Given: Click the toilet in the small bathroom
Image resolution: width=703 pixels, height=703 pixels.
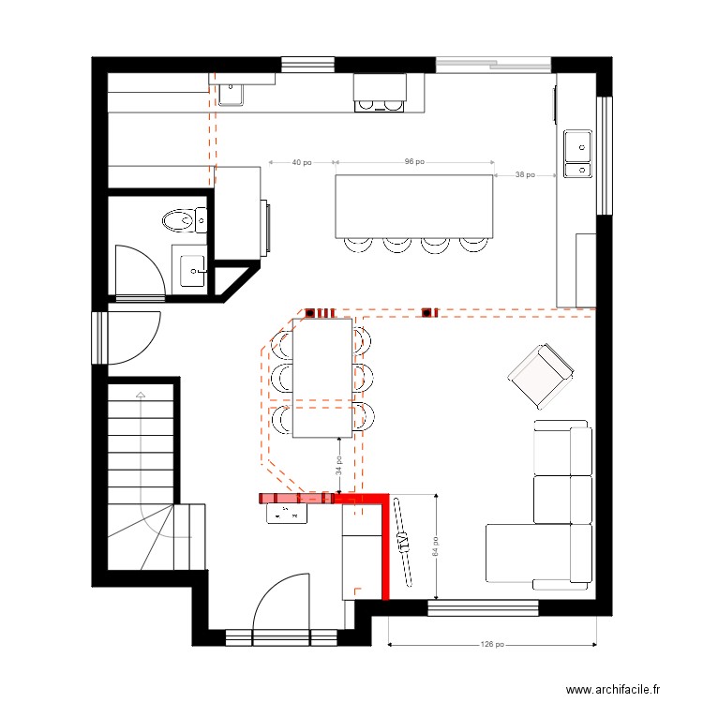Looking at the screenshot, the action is coord(184,220).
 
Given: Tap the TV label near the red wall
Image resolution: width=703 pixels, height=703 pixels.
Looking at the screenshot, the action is coord(403,542).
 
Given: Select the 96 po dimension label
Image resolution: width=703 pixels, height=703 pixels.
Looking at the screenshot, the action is coord(414,161).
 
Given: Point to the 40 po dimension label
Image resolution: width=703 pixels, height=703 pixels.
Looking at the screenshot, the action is coord(302,162).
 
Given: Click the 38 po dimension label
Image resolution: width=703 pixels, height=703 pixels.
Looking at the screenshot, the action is coord(525,174).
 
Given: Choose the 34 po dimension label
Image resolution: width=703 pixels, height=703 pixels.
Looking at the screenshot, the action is coord(339,465).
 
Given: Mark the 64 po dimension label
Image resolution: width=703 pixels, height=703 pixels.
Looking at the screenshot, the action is coord(435,546).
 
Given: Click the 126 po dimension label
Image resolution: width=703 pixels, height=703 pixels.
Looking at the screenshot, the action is coord(492,644).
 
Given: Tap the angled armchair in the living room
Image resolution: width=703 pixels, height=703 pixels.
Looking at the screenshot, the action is coord(541,377).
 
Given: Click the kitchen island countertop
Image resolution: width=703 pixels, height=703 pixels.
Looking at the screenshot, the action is coord(414,206).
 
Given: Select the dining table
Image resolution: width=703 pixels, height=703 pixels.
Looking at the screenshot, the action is coord(322,378).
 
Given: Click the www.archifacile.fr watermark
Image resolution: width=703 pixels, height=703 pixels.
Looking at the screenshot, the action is coord(613,689).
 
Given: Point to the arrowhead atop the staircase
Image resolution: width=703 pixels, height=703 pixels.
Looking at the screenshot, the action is coord(141,395).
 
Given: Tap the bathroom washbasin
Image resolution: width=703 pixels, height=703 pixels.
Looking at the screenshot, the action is coord(193,270).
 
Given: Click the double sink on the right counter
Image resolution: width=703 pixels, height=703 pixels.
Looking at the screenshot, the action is coord(577,154).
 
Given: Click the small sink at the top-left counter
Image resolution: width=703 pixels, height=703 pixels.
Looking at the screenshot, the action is coord(231,95).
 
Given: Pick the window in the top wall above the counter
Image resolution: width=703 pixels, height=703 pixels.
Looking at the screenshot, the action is coord(308,65).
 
